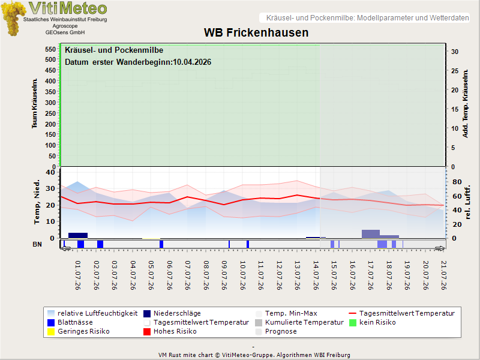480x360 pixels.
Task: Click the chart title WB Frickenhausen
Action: (256, 33)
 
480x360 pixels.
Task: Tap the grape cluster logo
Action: (13, 19)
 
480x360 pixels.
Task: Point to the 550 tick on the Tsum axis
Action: (50, 49)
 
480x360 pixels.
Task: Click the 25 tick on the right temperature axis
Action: (455, 71)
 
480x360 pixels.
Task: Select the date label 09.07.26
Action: (224, 275)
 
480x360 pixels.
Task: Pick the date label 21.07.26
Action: (443, 275)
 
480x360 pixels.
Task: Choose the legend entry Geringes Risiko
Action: (79, 332)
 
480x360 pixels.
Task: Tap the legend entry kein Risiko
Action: (373, 322)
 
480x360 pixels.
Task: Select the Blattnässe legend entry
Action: (70, 322)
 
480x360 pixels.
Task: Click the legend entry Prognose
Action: (276, 332)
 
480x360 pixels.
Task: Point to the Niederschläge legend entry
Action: (172, 313)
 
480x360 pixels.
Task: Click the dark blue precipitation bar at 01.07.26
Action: (78, 235)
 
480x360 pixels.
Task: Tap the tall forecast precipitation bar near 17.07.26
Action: (371, 234)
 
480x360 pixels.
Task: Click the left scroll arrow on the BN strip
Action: (66, 248)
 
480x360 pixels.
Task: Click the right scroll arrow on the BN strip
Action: (440, 248)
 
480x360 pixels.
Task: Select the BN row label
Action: (37, 244)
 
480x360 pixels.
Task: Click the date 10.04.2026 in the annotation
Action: (192, 62)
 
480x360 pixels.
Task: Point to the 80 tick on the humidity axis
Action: (457, 182)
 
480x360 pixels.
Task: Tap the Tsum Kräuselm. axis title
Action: (34, 103)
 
